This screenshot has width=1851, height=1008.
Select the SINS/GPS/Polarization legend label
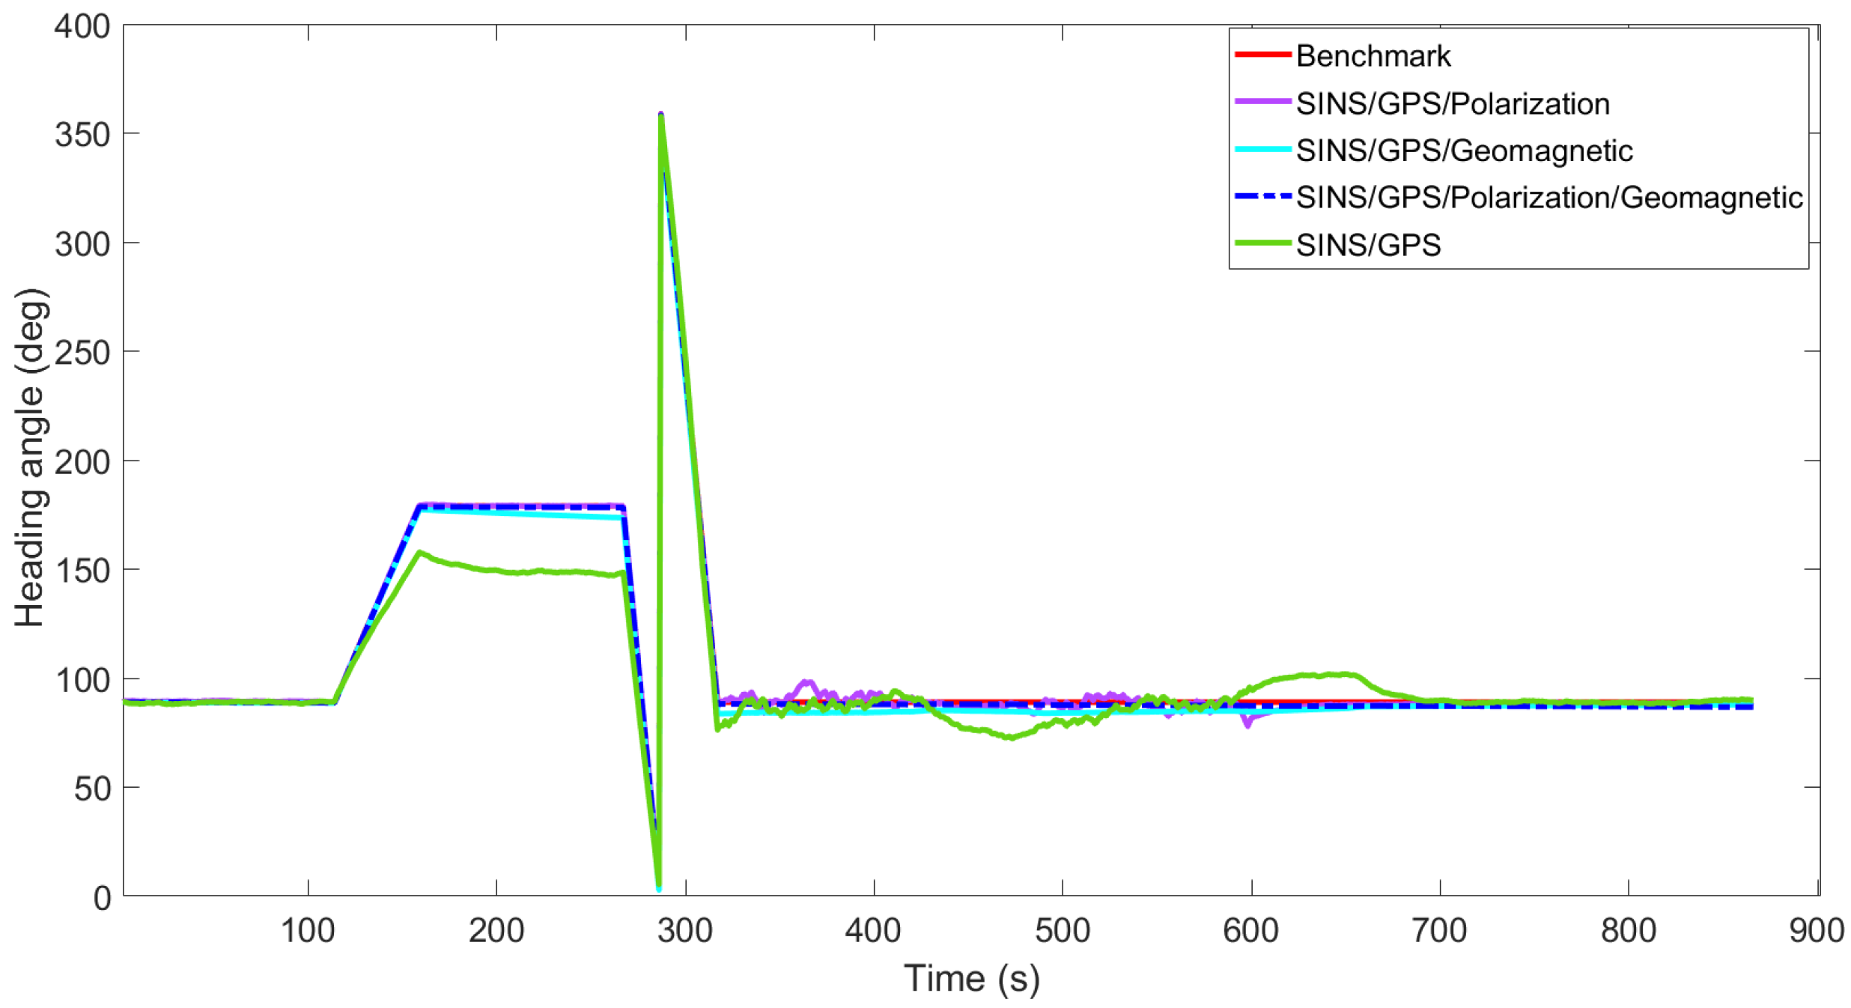1452,103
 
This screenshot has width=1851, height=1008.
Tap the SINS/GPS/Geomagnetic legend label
1463,151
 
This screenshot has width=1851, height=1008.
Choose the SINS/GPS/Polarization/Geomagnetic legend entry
1548,198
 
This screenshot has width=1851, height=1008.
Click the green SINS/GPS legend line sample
1262,243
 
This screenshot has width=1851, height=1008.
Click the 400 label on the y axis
82,28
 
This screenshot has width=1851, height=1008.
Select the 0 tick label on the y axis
102,897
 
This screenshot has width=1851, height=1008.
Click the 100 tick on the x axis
307,931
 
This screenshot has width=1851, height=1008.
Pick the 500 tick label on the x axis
1062,931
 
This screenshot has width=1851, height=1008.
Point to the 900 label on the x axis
1816,931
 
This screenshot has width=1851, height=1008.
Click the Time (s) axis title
971,978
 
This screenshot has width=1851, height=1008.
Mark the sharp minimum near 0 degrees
659,888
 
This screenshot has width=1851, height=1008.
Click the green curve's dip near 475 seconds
1011,738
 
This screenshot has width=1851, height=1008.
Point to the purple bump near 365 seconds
807,682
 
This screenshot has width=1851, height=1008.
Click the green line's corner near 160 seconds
420,553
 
